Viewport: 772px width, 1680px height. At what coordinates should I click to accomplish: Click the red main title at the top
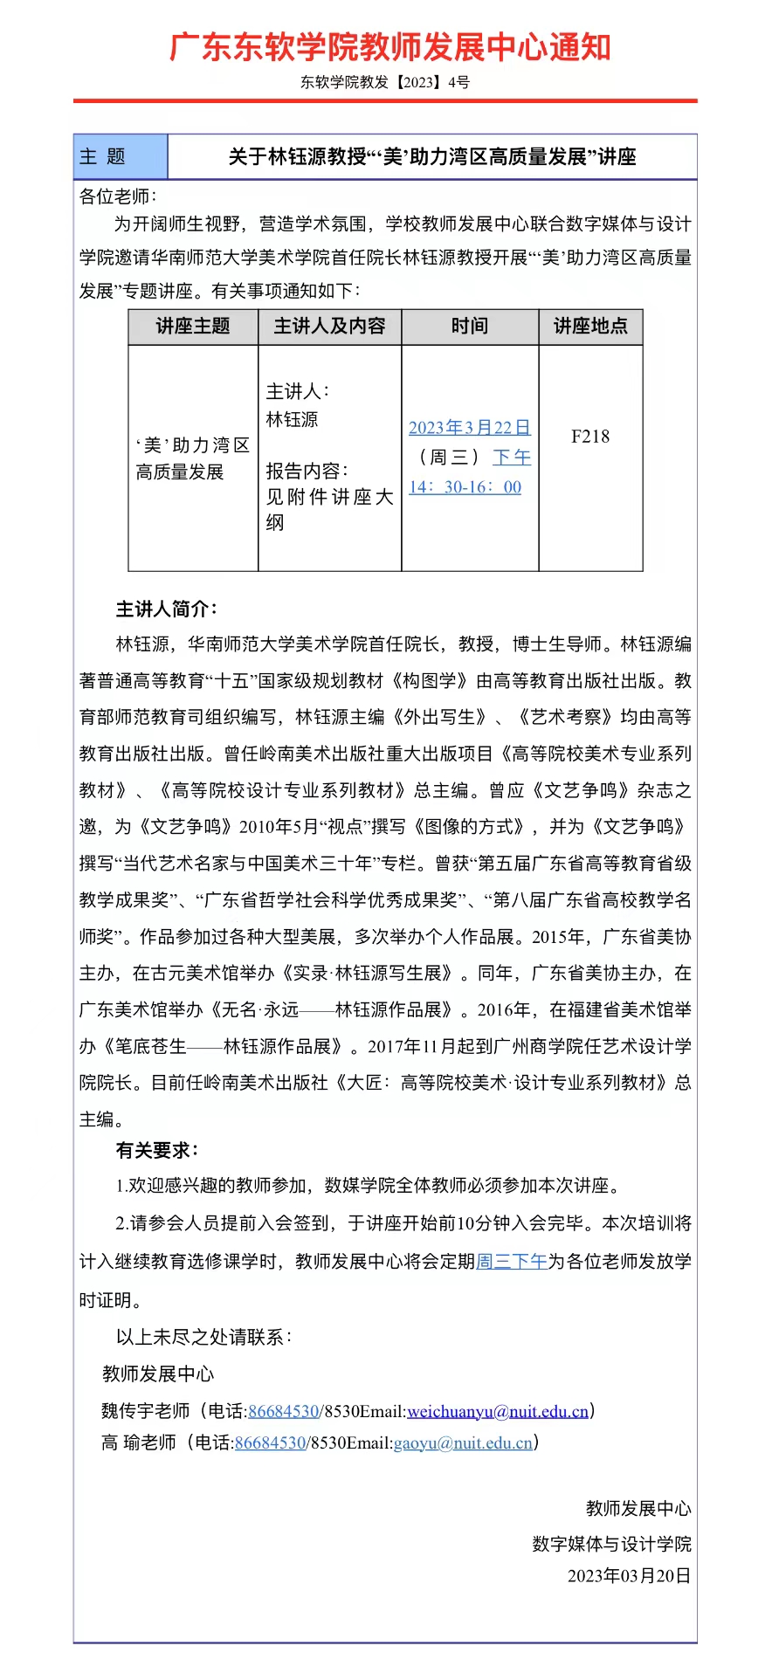point(389,47)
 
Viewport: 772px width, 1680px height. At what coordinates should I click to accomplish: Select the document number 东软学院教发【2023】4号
point(385,83)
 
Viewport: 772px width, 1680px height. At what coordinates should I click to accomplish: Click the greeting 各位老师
point(117,196)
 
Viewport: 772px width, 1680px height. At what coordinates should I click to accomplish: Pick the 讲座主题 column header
point(193,327)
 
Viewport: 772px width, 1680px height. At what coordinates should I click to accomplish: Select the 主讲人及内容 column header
point(329,327)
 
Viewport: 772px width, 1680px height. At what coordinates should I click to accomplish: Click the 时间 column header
point(470,327)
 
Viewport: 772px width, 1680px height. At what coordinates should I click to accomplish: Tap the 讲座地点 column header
point(590,327)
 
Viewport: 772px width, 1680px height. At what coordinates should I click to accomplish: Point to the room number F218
point(590,437)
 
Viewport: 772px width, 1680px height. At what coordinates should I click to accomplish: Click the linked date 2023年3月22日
point(470,428)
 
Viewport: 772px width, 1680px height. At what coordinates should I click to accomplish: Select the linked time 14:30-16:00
point(465,487)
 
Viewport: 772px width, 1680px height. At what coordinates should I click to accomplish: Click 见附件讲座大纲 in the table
point(329,509)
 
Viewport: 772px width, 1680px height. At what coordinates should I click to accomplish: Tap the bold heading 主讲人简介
point(167,609)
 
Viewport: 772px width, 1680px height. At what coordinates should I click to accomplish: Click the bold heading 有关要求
point(157,1151)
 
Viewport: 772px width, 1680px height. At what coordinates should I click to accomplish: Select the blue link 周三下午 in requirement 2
point(512,1261)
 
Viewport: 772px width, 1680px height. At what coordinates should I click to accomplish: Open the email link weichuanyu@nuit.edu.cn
point(498,1411)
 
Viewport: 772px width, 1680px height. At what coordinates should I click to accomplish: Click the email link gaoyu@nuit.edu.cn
point(463,1442)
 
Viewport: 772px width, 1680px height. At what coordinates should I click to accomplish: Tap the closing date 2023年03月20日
point(629,1575)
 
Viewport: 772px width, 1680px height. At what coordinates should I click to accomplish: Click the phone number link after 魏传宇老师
point(283,1411)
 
